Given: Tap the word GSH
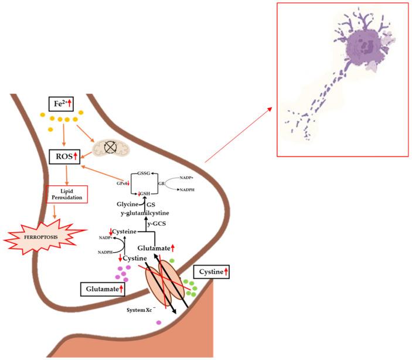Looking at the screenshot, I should (144, 193).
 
